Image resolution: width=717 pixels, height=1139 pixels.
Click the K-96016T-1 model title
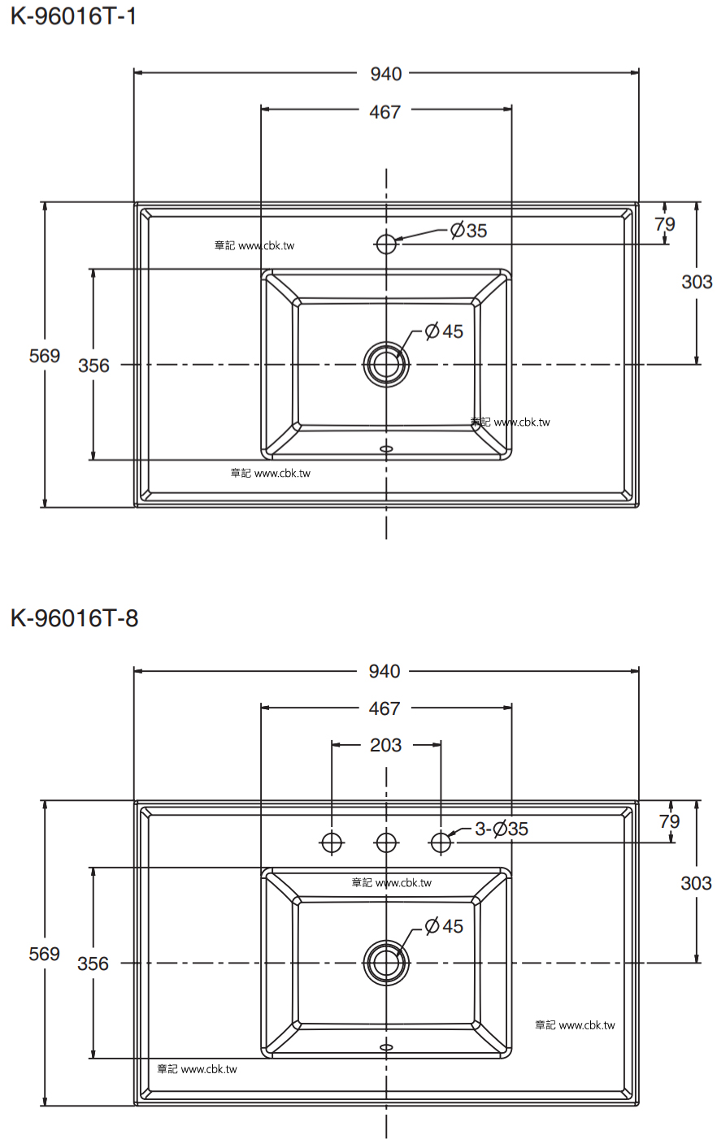(73, 16)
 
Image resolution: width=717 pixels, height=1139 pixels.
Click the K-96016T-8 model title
(74, 618)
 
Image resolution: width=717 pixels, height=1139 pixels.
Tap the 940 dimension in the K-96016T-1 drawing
(385, 74)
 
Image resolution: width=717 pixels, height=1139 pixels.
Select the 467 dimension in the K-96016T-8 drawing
(385, 708)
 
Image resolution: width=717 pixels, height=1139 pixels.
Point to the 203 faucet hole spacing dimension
(385, 745)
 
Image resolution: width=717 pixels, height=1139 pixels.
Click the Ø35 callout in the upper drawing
(469, 231)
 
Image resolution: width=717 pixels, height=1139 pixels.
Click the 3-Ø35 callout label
(502, 829)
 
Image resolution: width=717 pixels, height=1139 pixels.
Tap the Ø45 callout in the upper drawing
(444, 331)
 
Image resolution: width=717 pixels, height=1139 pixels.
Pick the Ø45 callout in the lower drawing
(444, 926)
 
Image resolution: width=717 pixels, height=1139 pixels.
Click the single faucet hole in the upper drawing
(386, 244)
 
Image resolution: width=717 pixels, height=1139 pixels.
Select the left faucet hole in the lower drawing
(332, 842)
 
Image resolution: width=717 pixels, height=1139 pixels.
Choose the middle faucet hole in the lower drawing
(386, 842)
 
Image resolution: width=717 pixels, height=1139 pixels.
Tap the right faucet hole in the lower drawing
(441, 842)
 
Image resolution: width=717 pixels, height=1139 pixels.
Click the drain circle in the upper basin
(386, 365)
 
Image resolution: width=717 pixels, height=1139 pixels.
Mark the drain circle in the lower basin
(386, 963)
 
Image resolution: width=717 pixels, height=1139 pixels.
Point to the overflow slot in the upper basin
(386, 448)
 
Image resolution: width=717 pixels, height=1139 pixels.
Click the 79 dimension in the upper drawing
(665, 224)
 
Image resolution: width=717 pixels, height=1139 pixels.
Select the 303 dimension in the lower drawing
(696, 883)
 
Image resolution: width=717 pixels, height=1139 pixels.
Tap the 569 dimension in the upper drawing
(44, 356)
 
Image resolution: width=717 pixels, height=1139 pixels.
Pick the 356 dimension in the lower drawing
(93, 964)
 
